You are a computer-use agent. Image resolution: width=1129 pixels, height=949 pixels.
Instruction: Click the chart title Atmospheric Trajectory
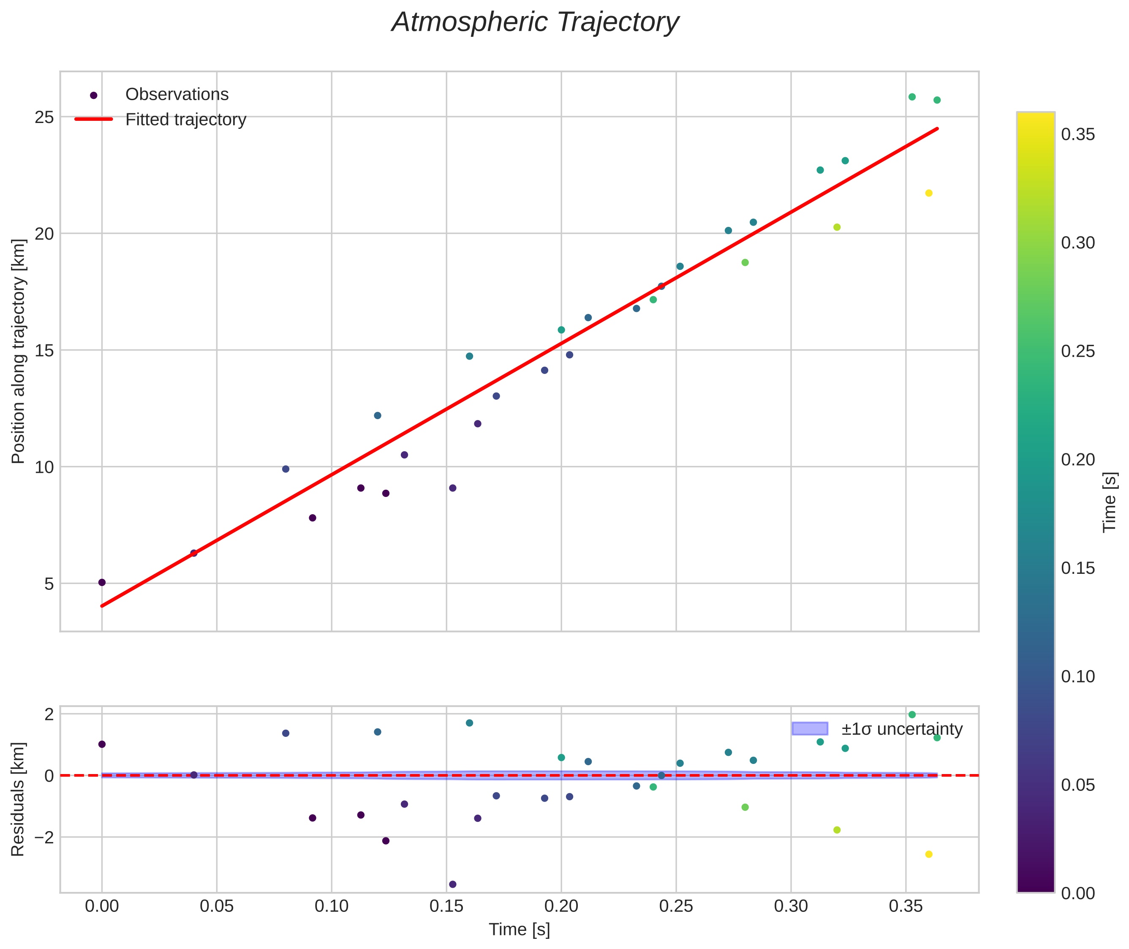(535, 22)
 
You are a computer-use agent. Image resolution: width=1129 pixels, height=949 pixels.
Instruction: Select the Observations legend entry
(177, 95)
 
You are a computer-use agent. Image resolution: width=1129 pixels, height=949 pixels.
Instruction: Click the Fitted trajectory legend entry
(185, 120)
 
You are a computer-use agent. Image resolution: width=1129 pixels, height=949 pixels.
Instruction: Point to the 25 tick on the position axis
(44, 117)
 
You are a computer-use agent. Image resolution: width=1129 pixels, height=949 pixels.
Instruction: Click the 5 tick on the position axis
(49, 584)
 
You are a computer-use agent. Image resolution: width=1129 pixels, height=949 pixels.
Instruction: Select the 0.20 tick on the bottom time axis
(561, 906)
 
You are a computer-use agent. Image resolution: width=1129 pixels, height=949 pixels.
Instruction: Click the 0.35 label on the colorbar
(1078, 134)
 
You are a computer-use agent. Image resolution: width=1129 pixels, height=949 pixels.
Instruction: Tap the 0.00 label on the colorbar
(1078, 893)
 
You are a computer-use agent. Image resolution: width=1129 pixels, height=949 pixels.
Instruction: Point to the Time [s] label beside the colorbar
(1110, 502)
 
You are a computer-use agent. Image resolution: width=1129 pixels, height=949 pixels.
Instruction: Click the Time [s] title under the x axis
(519, 930)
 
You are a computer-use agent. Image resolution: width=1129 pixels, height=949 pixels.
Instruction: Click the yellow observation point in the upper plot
(928, 193)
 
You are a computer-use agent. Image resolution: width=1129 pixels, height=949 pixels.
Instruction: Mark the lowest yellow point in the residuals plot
(928, 854)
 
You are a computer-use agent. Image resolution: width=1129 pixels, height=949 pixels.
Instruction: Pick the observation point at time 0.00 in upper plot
(102, 583)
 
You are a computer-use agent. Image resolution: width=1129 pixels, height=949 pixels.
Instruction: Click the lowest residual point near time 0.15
(452, 884)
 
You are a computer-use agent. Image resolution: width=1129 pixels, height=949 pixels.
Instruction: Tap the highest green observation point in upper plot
(912, 97)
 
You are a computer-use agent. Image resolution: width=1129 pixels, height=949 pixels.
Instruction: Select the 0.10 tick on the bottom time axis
(331, 906)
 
